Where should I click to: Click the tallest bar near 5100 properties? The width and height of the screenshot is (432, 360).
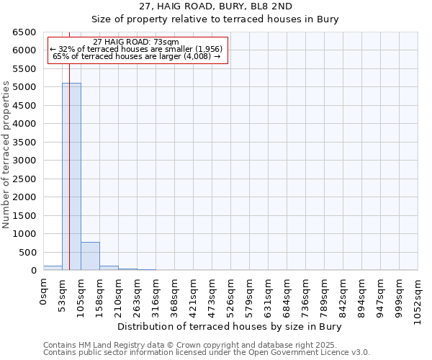71,176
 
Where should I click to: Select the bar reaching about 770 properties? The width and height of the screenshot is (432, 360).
90,256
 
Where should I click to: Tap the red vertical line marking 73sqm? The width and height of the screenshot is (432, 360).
69,180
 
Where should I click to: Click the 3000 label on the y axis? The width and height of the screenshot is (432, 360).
26,161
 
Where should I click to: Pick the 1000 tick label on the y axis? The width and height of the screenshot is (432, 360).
26,234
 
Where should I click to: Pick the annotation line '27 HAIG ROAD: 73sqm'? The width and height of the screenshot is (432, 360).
136,42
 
